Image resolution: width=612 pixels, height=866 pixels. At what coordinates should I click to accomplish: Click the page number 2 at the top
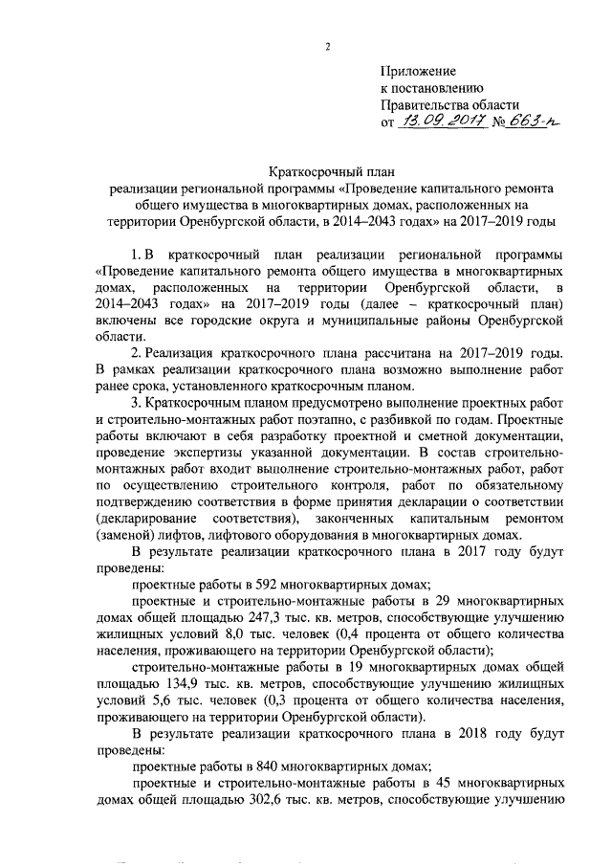tap(328, 46)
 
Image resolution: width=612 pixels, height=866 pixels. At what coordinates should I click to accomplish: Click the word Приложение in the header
tap(418, 71)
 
